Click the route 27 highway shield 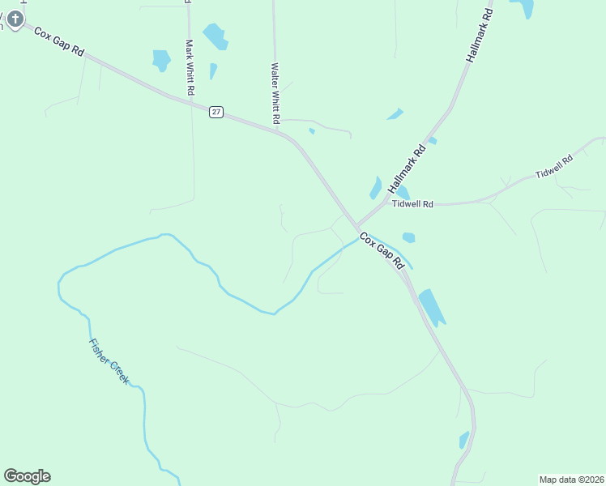(216, 112)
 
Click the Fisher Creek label (109, 360)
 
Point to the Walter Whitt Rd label (275, 93)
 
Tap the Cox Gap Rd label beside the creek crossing (382, 251)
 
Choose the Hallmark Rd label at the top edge (480, 37)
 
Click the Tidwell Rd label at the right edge (554, 168)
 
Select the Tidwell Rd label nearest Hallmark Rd (412, 204)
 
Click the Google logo (27, 475)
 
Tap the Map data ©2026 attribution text (570, 479)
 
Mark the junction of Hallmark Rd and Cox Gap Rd (356, 226)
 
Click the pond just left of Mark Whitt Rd (161, 60)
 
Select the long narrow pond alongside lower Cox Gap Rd (431, 307)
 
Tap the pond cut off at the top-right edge (523, 7)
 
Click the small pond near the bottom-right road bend (463, 440)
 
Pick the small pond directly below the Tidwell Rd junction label (408, 237)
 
